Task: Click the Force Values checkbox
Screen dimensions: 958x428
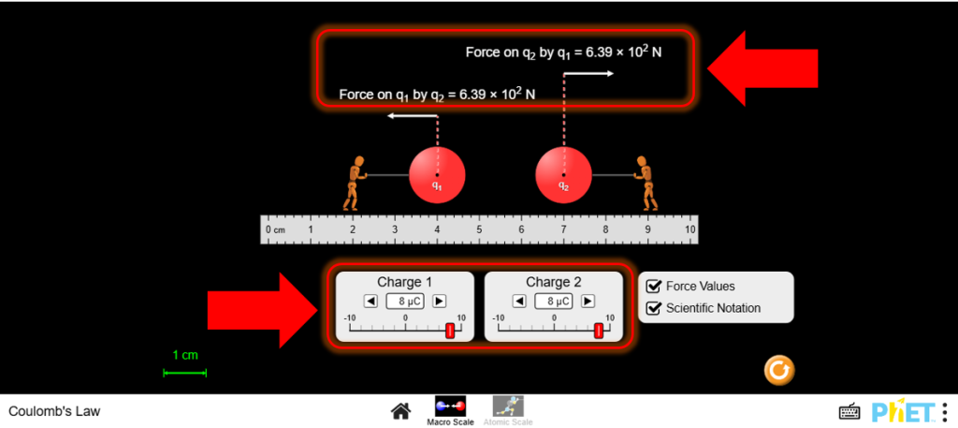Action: coord(654,286)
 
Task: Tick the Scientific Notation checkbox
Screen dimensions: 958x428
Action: coord(654,307)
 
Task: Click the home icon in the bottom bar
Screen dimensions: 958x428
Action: coord(400,411)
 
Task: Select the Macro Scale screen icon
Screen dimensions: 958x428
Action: coord(450,406)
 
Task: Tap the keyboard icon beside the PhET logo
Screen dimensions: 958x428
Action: coord(849,411)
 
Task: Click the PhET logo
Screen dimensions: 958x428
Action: coord(903,411)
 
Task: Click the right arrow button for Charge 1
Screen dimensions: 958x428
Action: coord(440,301)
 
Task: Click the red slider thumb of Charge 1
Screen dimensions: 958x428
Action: coord(450,331)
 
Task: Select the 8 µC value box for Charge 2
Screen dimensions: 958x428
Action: coord(553,301)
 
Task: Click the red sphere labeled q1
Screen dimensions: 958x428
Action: coord(437,175)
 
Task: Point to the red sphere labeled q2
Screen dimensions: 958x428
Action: coord(563,175)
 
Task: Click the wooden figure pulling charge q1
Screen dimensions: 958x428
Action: coord(355,183)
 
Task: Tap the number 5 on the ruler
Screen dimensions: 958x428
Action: coord(479,229)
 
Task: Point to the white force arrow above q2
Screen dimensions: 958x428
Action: coord(589,73)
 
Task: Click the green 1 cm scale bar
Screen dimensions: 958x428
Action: coord(185,373)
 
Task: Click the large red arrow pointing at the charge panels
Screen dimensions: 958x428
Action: coord(263,311)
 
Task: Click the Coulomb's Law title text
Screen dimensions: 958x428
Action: coord(54,411)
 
